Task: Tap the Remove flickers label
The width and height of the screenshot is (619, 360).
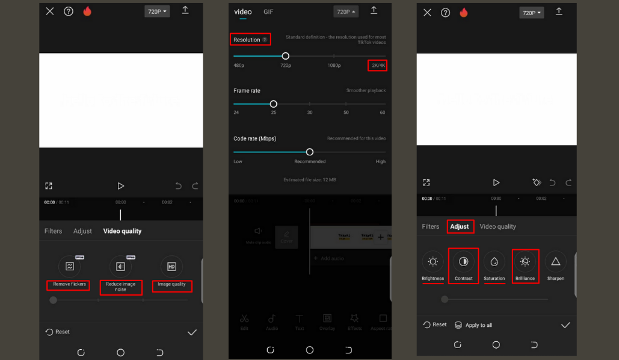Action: [69, 284]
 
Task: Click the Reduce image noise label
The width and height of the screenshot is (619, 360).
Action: [121, 287]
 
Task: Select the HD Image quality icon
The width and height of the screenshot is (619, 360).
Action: [171, 266]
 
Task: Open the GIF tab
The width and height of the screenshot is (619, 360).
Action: [268, 12]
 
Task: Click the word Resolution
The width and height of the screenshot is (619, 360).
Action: [247, 40]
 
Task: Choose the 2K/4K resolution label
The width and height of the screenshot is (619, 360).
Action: [378, 65]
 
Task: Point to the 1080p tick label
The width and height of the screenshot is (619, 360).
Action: [334, 65]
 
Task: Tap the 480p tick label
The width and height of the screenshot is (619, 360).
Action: [239, 65]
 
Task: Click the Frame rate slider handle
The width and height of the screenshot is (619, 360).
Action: [273, 104]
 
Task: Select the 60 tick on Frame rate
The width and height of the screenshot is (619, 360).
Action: [383, 113]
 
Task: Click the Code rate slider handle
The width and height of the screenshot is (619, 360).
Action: [310, 152]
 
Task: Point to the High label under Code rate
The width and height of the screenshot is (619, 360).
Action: [380, 161]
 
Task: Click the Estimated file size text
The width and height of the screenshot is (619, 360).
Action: [310, 179]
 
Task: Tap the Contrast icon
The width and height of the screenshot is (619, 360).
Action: [463, 261]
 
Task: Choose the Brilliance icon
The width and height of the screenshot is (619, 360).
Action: [525, 261]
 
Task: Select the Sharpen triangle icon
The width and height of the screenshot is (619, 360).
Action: [556, 261]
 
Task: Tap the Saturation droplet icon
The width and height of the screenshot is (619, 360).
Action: [494, 261]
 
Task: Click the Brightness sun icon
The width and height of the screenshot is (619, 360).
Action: [433, 261]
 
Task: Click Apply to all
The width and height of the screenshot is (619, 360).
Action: [473, 325]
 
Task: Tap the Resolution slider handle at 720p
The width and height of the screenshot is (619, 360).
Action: [286, 55]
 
